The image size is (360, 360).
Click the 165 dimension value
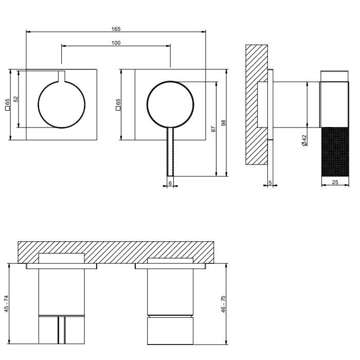coord(116,29)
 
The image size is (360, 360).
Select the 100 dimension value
coord(116,43)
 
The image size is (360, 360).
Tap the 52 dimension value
coord(15,99)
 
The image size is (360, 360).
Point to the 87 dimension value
coord(213,129)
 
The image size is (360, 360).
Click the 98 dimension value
coord(224,122)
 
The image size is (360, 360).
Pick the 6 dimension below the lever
coord(170,183)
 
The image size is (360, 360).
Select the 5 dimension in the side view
coord(270,183)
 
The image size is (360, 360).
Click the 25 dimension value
coord(335,182)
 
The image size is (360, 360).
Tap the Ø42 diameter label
coord(304,140)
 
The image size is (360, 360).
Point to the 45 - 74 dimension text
coord(6,303)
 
